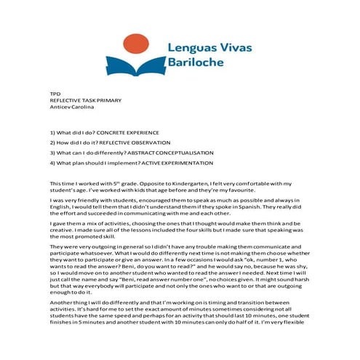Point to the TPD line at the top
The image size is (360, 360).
pos(55,95)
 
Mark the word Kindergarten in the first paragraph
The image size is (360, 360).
pos(180,183)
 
